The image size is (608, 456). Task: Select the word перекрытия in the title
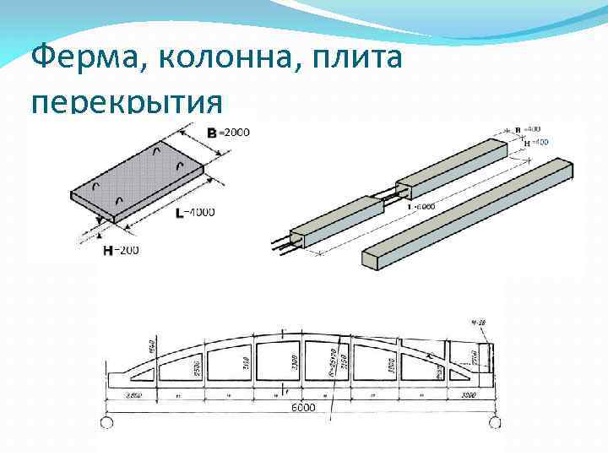(x=128, y=102)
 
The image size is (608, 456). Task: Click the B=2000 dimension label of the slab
(x=228, y=132)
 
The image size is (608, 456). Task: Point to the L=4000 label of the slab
(x=194, y=212)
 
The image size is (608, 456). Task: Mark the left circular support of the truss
(x=108, y=421)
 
